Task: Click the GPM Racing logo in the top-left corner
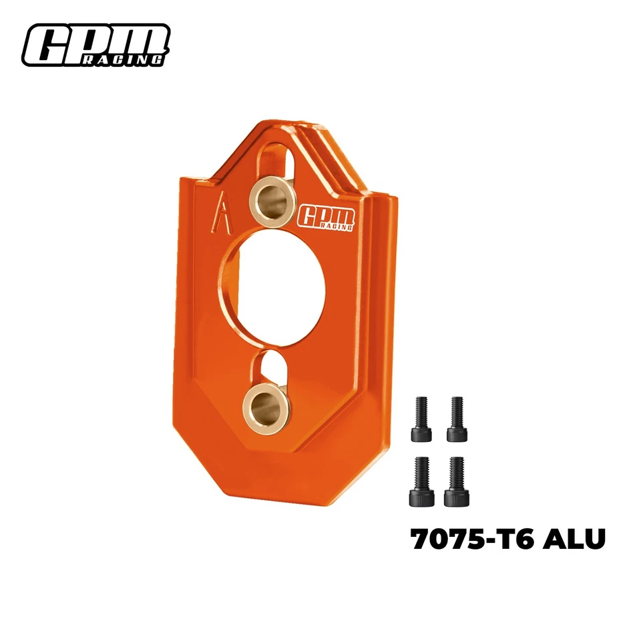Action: pyautogui.click(x=95, y=45)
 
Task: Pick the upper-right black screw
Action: pyautogui.click(x=457, y=419)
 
